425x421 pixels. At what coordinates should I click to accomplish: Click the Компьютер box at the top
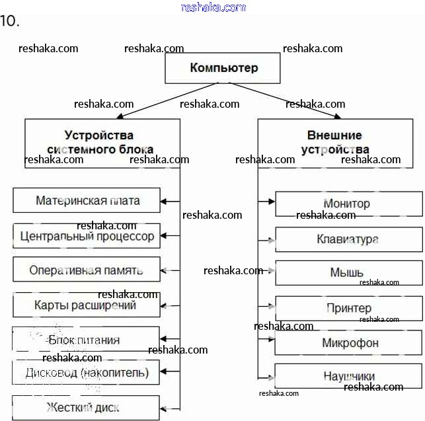[223, 68]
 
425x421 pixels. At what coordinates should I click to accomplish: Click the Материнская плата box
[87, 200]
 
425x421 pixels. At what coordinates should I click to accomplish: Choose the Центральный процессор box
[87, 236]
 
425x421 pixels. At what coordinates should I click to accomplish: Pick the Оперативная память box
[87, 270]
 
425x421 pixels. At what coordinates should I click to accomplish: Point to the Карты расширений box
[87, 305]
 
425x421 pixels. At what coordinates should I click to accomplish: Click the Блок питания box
[87, 340]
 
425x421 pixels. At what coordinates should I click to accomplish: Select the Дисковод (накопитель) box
[87, 373]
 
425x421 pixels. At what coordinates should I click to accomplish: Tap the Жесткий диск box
[87, 407]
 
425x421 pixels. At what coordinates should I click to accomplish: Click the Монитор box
[348, 204]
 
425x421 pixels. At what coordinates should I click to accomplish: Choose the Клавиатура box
[348, 239]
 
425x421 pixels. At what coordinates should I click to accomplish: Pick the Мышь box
[348, 273]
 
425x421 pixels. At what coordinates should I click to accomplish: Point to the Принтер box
[348, 308]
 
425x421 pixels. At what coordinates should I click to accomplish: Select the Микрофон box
[348, 343]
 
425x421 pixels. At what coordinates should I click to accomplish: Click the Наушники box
[348, 375]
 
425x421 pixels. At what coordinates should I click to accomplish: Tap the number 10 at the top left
[9, 21]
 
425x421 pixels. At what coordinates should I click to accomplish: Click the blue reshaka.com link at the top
[213, 7]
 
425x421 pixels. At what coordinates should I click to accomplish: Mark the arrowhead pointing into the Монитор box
[271, 200]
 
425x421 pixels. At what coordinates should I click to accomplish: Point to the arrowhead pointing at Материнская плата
[165, 200]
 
